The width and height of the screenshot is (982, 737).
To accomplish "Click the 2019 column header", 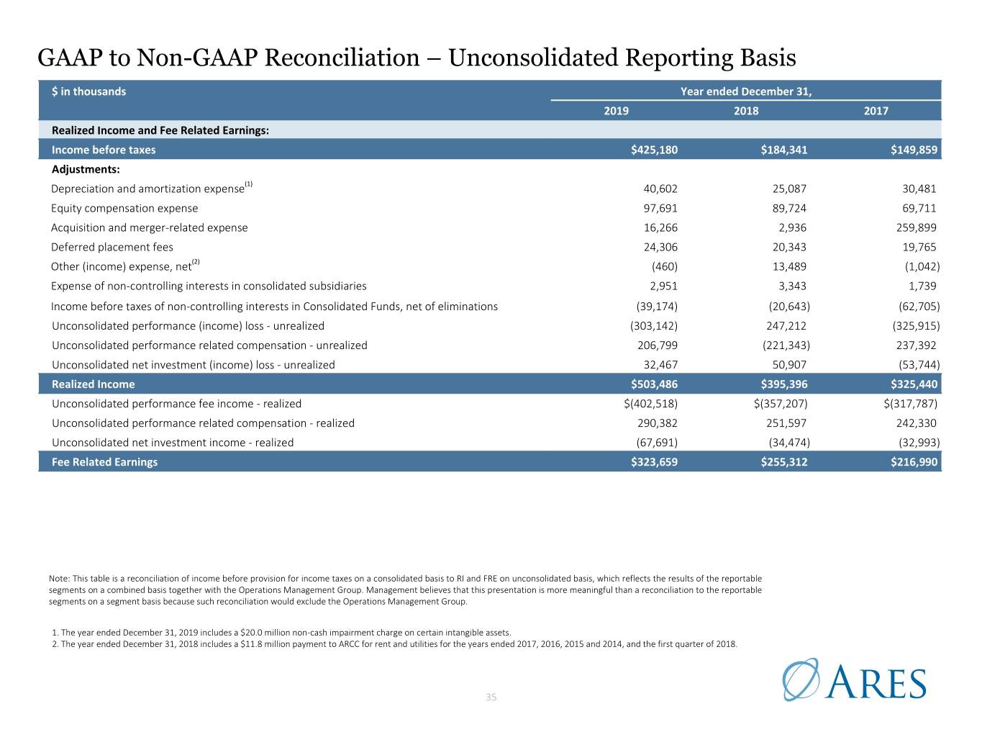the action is [616, 111].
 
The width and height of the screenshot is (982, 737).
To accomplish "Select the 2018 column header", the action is [746, 111].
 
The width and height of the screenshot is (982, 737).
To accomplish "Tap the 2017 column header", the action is [876, 111].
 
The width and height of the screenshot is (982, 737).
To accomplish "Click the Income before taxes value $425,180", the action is [654, 150].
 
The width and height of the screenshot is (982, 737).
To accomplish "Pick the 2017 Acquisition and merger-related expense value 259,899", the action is [917, 227].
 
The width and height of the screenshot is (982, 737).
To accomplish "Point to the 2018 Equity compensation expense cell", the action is [789, 209].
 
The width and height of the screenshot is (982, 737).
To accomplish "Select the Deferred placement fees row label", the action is [112, 247].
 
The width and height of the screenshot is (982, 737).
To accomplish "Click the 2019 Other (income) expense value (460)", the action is [664, 267].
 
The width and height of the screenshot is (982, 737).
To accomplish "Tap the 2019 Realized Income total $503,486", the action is [654, 384].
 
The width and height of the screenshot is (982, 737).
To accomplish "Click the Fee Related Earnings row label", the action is [105, 462].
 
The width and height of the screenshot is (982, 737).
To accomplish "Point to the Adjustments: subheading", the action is [86, 170].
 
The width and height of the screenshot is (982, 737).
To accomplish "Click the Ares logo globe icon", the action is [801, 679].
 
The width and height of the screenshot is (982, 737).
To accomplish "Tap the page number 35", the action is [491, 697].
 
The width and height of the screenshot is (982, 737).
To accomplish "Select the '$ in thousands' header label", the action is [88, 91].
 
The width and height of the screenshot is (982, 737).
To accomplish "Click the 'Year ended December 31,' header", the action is [746, 91].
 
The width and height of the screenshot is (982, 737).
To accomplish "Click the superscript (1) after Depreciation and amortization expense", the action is [248, 184].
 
